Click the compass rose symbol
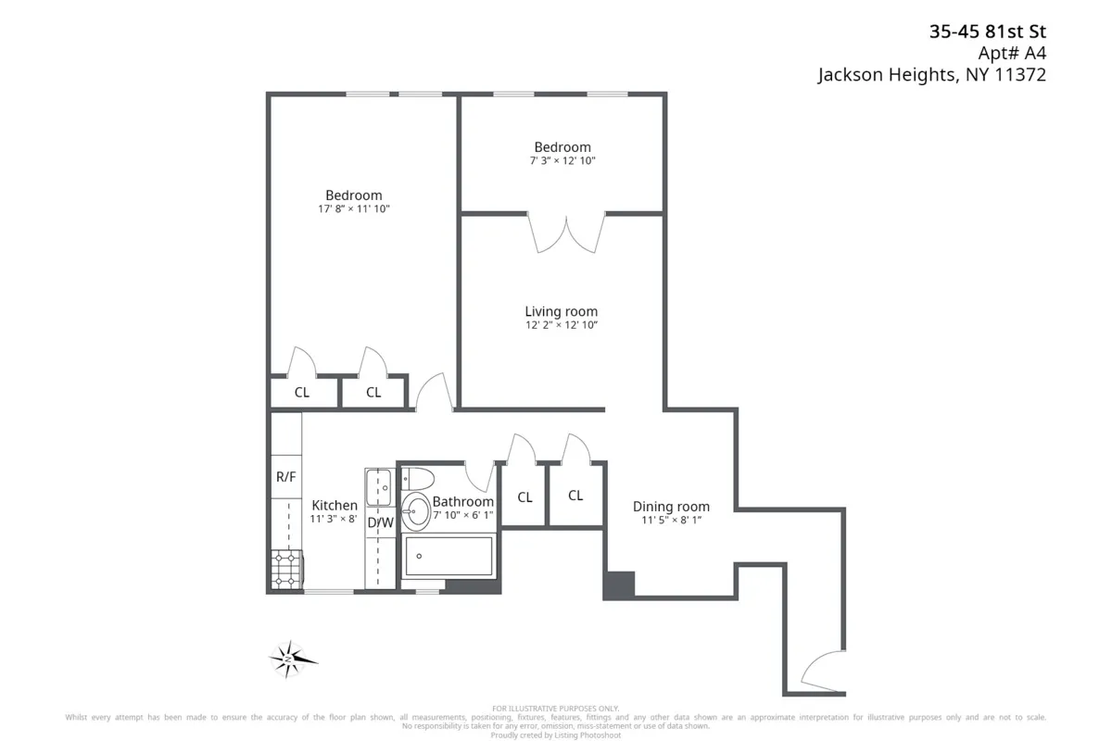[x=292, y=659]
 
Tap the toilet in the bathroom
[x=418, y=481]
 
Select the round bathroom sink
[x=414, y=510]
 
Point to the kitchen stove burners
[x=285, y=570]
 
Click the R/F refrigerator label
[x=286, y=477]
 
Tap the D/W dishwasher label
[x=380, y=522]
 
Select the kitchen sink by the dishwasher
[x=378, y=486]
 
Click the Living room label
[x=561, y=311]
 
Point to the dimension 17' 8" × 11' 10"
[x=353, y=209]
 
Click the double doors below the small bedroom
[x=566, y=232]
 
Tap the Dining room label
[x=671, y=507]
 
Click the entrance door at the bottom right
[x=821, y=672]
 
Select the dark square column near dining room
[x=618, y=584]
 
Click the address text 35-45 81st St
[x=988, y=31]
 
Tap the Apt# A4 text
[x=1013, y=53]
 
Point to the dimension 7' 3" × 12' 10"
[x=562, y=161]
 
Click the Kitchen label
[x=334, y=505]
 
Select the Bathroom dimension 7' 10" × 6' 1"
[x=462, y=515]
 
